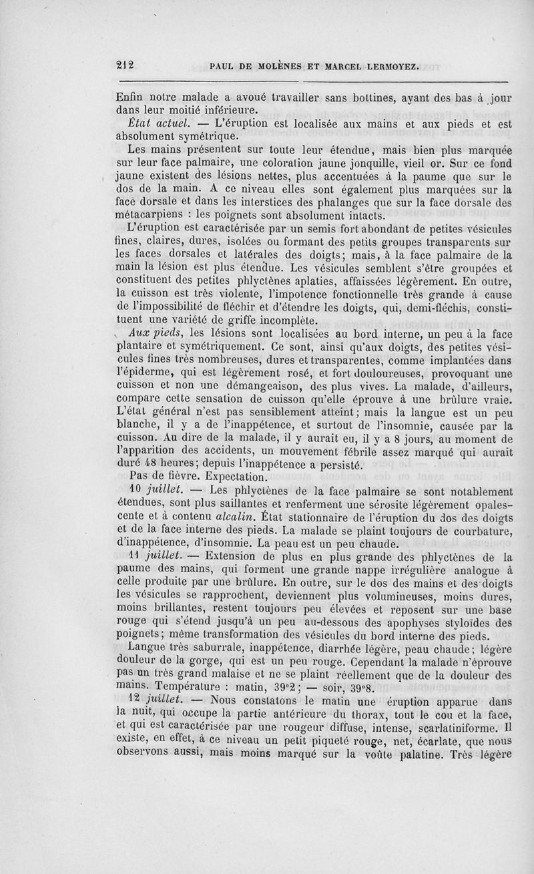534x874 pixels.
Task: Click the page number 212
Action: (x=124, y=65)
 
